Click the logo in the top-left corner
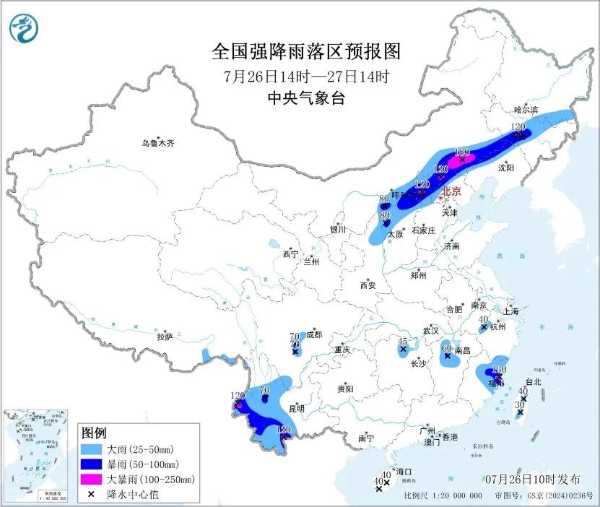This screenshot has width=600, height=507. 24,29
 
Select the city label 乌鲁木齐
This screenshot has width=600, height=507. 157,144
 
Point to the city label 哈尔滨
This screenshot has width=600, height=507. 526,110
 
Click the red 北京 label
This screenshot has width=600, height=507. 451,191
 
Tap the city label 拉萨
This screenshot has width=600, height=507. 165,336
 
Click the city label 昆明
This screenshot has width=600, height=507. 296,409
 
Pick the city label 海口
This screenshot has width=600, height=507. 404,471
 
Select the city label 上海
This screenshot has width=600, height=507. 511,311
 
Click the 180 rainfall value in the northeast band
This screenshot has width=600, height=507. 463,152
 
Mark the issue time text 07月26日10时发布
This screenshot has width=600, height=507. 532,480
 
